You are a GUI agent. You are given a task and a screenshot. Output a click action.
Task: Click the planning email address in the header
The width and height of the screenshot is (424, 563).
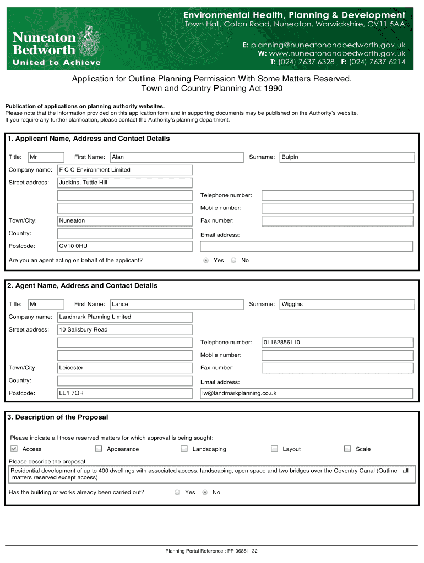[328, 45]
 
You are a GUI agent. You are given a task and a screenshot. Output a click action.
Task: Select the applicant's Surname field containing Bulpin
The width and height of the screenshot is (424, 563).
[347, 157]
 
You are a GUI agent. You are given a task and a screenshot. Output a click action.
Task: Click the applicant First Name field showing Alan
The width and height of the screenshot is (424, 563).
[176, 157]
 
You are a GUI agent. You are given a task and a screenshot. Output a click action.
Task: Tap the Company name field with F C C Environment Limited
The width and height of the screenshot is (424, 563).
[124, 170]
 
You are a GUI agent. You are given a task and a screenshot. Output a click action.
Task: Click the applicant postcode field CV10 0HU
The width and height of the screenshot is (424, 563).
[124, 246]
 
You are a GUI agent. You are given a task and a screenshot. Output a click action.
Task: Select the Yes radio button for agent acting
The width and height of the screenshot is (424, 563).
[206, 260]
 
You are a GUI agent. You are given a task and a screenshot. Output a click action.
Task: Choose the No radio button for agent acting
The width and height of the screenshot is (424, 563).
[233, 260]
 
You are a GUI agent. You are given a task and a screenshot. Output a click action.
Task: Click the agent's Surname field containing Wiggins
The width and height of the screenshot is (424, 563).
[347, 304]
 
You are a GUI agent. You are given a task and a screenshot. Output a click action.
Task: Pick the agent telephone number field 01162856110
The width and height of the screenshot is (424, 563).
[337, 343]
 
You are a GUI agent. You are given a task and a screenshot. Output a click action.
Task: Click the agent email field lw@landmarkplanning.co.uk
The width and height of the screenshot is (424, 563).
[306, 393]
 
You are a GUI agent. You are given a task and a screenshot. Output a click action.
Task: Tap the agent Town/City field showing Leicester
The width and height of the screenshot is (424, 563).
[124, 368]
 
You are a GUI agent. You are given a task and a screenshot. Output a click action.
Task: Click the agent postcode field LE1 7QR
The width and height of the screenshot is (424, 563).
[124, 393]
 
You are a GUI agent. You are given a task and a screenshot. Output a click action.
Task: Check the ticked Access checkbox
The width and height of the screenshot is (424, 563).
[14, 449]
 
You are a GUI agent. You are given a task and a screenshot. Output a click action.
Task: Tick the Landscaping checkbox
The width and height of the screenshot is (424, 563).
[184, 449]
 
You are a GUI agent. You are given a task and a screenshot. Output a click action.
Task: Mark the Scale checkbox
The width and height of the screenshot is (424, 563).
[347, 449]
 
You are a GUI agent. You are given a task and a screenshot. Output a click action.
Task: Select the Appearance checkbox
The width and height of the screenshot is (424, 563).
[99, 449]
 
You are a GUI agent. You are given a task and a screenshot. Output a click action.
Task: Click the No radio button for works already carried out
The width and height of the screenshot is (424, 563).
[205, 492]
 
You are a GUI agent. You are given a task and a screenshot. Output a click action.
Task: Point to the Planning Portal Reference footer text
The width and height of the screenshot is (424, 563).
[211, 551]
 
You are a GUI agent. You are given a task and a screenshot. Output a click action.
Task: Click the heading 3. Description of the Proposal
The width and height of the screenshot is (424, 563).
[58, 417]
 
